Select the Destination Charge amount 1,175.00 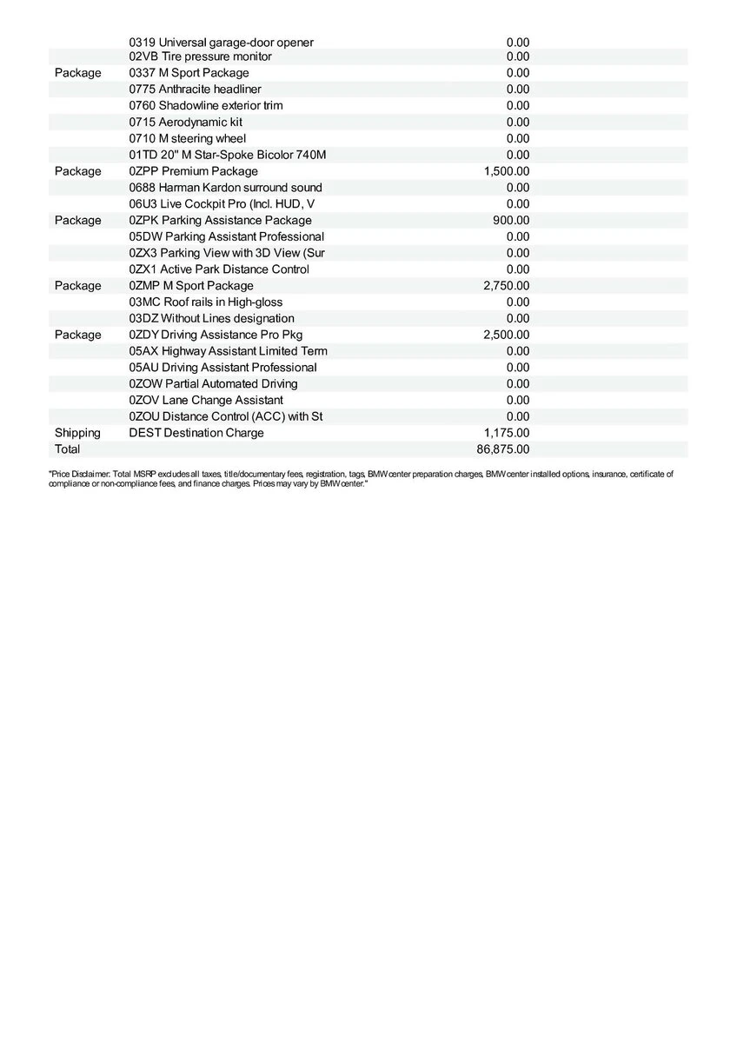[x=507, y=433]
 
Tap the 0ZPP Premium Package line [x=193, y=171]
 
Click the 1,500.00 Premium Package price [x=507, y=171]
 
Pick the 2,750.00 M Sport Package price [x=507, y=286]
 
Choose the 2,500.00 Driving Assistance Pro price [x=507, y=335]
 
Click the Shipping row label [x=77, y=433]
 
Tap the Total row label [x=67, y=449]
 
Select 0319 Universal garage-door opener [x=221, y=42]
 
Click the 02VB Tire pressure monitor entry [x=200, y=56]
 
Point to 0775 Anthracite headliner [x=195, y=90]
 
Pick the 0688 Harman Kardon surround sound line [x=225, y=188]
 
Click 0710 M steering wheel [x=187, y=138]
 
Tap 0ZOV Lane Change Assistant [x=205, y=400]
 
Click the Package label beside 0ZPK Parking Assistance [x=77, y=220]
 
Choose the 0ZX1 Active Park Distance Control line [x=218, y=269]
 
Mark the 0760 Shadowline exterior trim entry [x=205, y=105]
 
